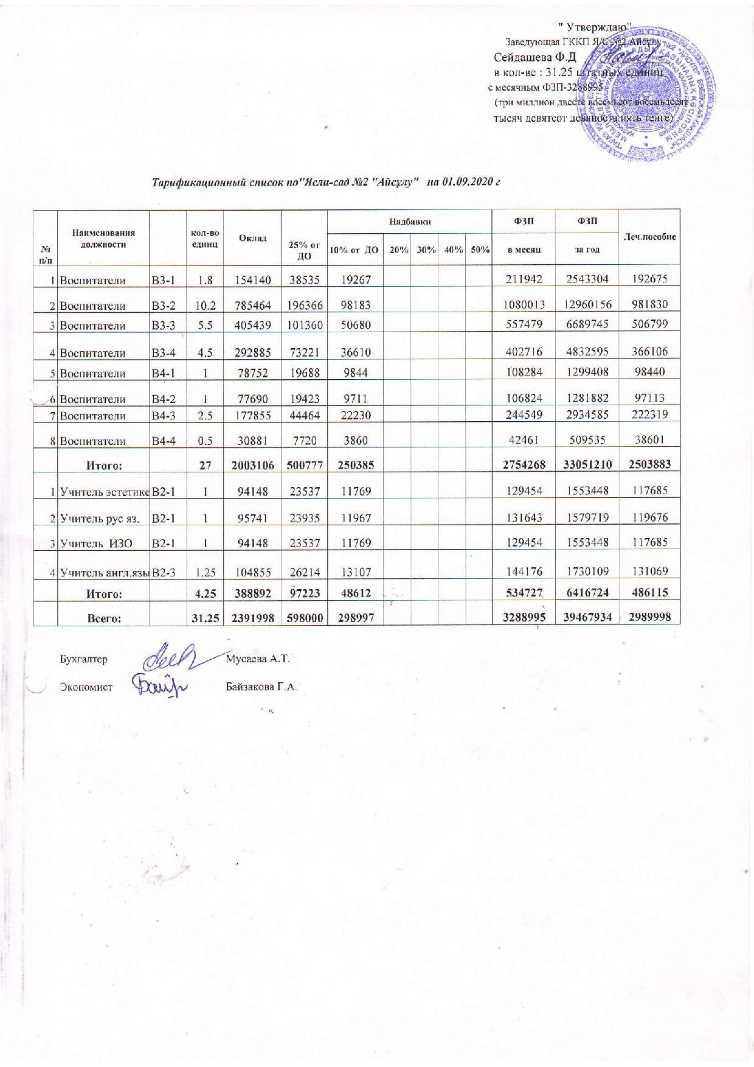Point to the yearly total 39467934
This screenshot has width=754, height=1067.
(586, 617)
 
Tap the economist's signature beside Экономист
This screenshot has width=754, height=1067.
(161, 686)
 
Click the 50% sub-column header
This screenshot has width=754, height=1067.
(480, 250)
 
